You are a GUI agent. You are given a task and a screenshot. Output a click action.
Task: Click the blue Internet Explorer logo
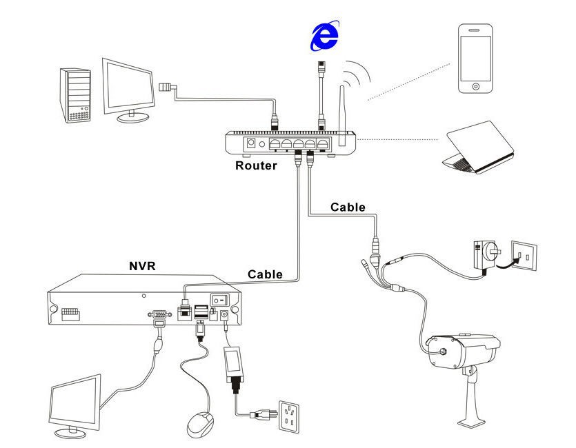[x=324, y=36]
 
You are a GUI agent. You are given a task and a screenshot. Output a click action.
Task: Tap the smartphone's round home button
[x=475, y=86]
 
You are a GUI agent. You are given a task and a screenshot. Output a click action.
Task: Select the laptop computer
[x=480, y=147]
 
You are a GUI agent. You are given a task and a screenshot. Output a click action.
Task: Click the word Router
[x=256, y=165]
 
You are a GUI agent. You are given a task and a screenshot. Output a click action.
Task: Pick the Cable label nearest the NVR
[x=266, y=274]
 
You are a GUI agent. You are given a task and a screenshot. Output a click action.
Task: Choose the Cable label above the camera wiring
[x=348, y=207]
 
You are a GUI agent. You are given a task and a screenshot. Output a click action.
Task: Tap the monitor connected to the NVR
[x=75, y=406]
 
